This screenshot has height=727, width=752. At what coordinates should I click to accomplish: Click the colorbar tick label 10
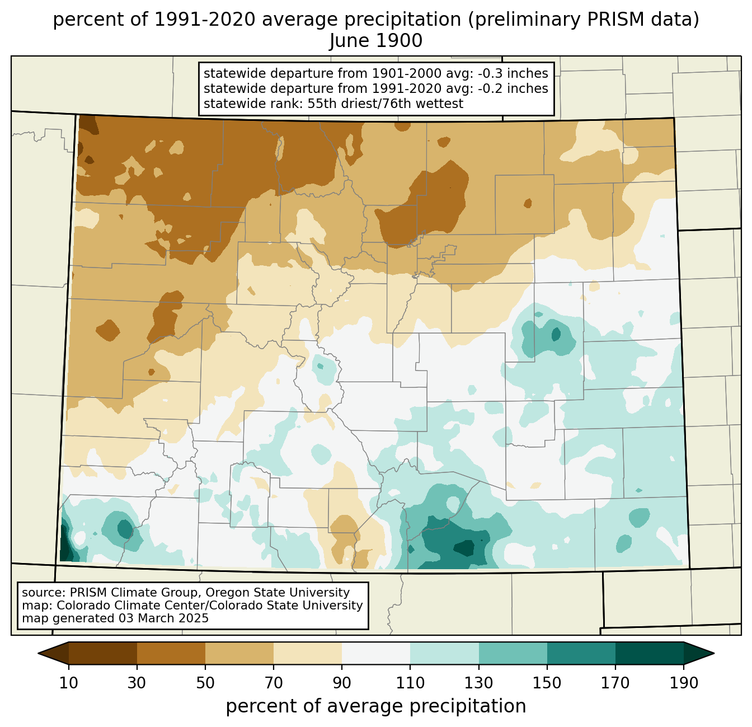(x=68, y=683)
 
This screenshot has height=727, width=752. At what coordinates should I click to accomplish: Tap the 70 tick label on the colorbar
(x=274, y=683)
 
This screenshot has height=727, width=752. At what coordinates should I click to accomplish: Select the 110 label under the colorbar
(x=410, y=683)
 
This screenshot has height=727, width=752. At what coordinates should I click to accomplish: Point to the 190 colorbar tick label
(x=684, y=683)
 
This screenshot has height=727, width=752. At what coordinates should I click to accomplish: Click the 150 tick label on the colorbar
(x=547, y=683)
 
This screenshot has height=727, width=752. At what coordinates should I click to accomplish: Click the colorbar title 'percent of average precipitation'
(x=375, y=706)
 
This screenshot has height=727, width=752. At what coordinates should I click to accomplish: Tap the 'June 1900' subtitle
(x=375, y=41)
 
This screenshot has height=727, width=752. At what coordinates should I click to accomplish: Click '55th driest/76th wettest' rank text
(x=386, y=104)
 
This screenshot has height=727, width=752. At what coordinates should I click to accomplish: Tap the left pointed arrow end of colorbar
(x=53, y=653)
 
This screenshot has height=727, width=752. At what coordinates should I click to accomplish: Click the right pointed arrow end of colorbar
(x=699, y=653)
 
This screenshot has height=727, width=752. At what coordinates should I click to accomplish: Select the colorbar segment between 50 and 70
(x=239, y=653)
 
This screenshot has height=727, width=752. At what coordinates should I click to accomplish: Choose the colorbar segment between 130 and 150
(x=513, y=653)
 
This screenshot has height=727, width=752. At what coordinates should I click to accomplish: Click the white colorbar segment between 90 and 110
(x=376, y=653)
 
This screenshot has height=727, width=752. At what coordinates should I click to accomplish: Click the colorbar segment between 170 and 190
(x=649, y=653)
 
